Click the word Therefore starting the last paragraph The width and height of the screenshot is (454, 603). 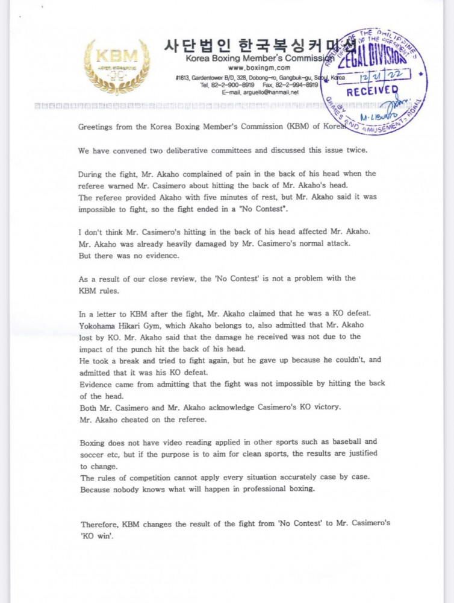point(101,523)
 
